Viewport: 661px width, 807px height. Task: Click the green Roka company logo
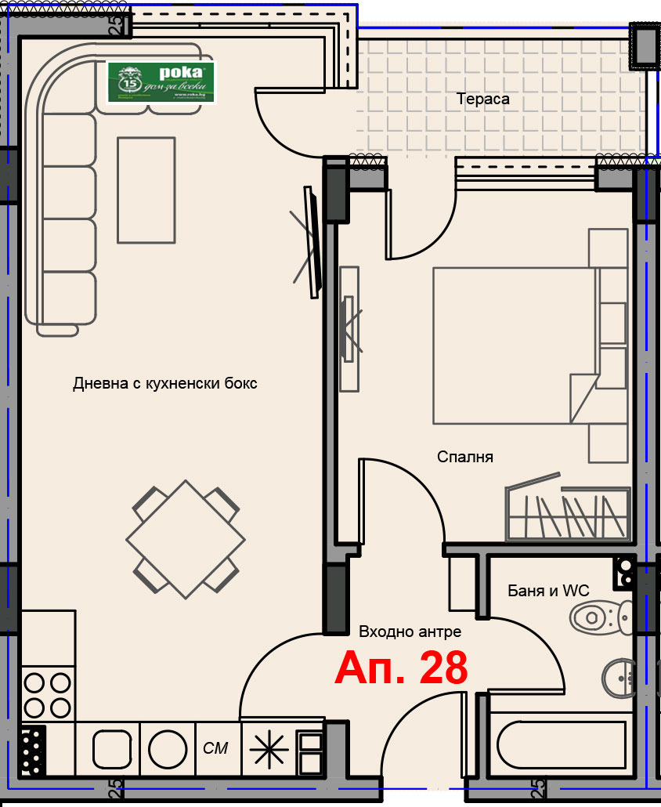161,82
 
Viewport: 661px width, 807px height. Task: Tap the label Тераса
483,100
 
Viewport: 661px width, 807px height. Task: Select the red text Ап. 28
401,668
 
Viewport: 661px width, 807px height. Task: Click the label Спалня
465,457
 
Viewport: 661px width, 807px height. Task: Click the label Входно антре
410,631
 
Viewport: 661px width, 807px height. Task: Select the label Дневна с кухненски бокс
165,384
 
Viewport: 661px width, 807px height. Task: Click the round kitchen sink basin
167,749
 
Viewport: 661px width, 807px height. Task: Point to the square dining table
186,539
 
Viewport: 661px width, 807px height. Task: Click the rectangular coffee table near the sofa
146,190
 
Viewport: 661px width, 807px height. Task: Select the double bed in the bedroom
513,346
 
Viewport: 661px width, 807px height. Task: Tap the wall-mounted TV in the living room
313,241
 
